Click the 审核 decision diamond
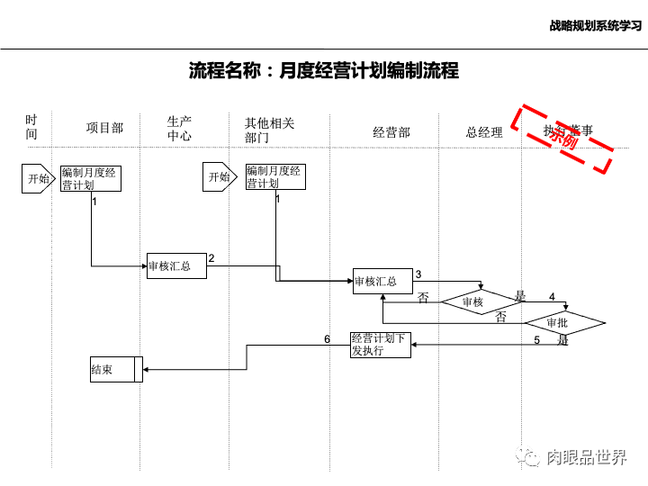click(474, 302)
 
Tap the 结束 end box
click(115, 369)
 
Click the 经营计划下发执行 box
click(381, 345)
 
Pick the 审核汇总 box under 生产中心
click(176, 265)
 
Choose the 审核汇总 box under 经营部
click(382, 282)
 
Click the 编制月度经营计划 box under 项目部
click(92, 178)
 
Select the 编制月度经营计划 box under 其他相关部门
click(275, 176)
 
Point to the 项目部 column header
click(104, 129)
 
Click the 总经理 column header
click(484, 132)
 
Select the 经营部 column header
click(391, 132)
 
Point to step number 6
click(328, 339)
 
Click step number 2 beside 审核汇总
click(211, 258)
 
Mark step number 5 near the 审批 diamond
click(536, 340)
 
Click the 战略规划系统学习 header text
click(595, 26)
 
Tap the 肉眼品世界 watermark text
click(586, 458)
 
